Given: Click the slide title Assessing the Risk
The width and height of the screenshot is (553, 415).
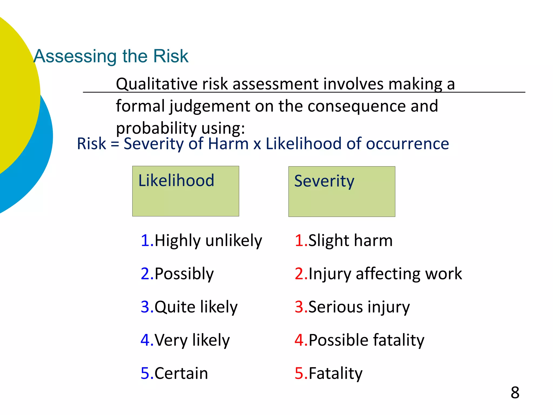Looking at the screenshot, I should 111,56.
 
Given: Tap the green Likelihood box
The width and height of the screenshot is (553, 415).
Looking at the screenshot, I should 186,191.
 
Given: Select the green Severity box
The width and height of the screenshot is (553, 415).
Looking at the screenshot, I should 342,192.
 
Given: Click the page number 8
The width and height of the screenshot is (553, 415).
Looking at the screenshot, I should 515,392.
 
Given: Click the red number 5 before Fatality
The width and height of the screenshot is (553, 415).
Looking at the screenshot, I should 299,373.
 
